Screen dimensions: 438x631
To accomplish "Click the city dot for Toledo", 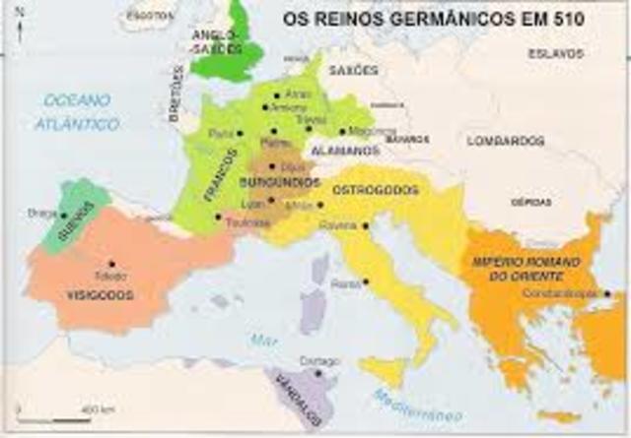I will point(112,263).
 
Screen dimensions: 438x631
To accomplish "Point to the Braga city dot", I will point(64,215).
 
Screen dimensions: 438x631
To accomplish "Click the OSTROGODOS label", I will point(376,189).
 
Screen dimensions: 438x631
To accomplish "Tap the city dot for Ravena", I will point(366,225).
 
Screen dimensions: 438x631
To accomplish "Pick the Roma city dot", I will point(366,282).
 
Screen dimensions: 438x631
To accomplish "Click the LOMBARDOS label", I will point(506,142).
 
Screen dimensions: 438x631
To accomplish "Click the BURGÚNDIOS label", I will point(280,183).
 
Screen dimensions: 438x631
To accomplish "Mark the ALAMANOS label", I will point(345,151).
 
